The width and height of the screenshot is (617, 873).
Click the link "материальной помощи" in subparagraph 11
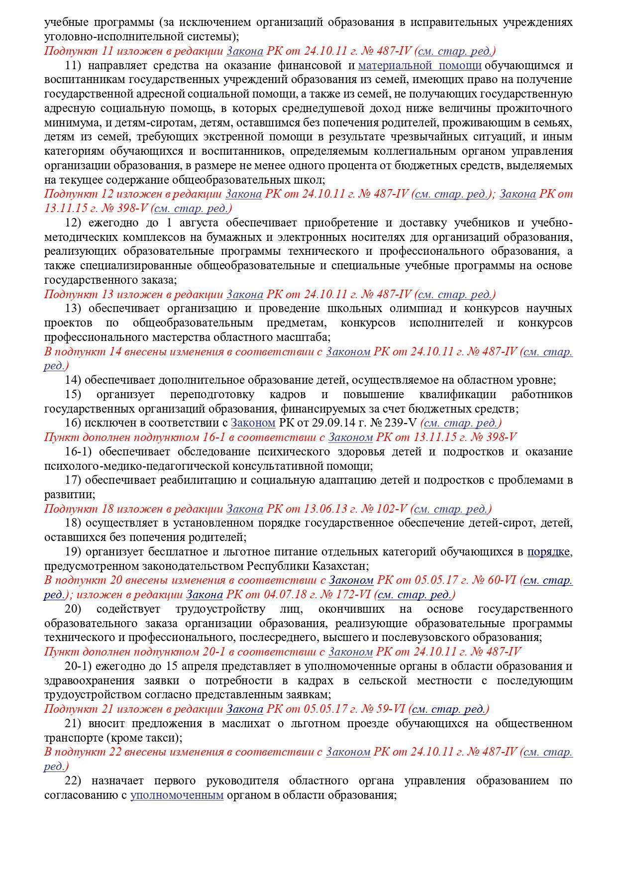pos(419,65)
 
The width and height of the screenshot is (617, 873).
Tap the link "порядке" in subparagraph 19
pos(549,551)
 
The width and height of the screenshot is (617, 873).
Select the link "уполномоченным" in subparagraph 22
pos(177,795)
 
